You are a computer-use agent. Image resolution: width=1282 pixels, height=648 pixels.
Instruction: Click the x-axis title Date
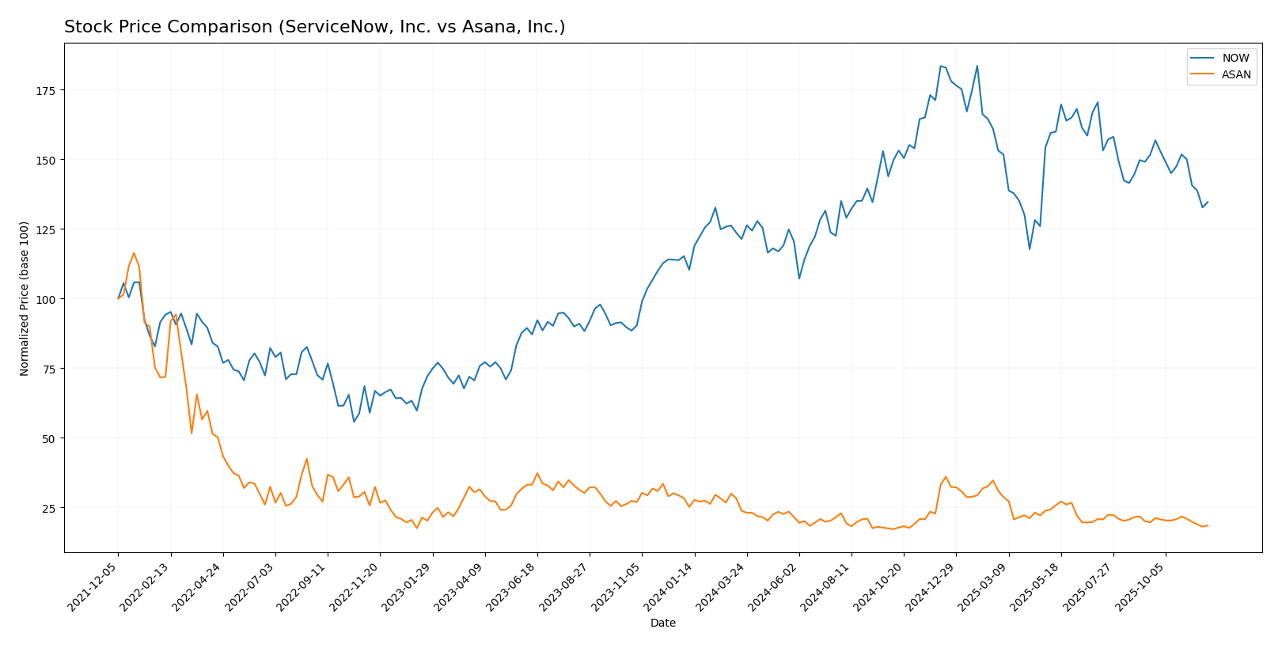point(662,623)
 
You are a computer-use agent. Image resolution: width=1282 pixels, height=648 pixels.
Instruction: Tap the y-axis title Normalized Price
point(25,298)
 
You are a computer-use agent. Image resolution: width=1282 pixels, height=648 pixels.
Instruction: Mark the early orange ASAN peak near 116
point(134,253)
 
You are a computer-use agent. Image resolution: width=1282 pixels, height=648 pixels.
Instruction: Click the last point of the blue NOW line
point(1208,202)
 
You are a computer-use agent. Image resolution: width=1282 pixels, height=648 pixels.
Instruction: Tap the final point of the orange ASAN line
point(1208,525)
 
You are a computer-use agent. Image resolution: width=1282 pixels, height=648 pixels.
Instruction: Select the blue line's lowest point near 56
point(354,422)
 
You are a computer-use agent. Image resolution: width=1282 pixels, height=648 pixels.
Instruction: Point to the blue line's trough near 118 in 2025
point(1030,249)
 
